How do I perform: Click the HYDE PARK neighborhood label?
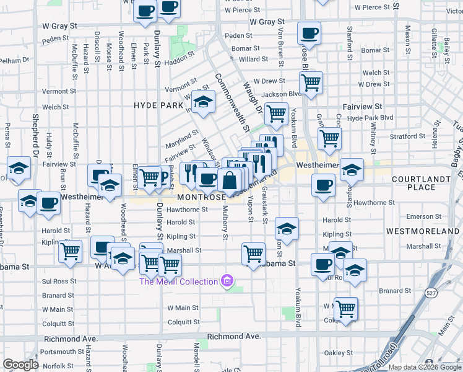pyautogui.click(x=158, y=106)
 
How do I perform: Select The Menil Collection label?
pyautogui.click(x=178, y=281)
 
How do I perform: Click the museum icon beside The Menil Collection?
pyautogui.click(x=227, y=281)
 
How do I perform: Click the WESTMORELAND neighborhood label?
pyautogui.click(x=422, y=231)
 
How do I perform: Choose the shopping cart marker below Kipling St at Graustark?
pyautogui.click(x=253, y=253)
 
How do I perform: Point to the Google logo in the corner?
pyautogui.click(x=21, y=365)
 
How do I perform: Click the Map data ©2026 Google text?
pyautogui.click(x=425, y=367)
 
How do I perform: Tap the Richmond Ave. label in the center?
pyautogui.click(x=233, y=336)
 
